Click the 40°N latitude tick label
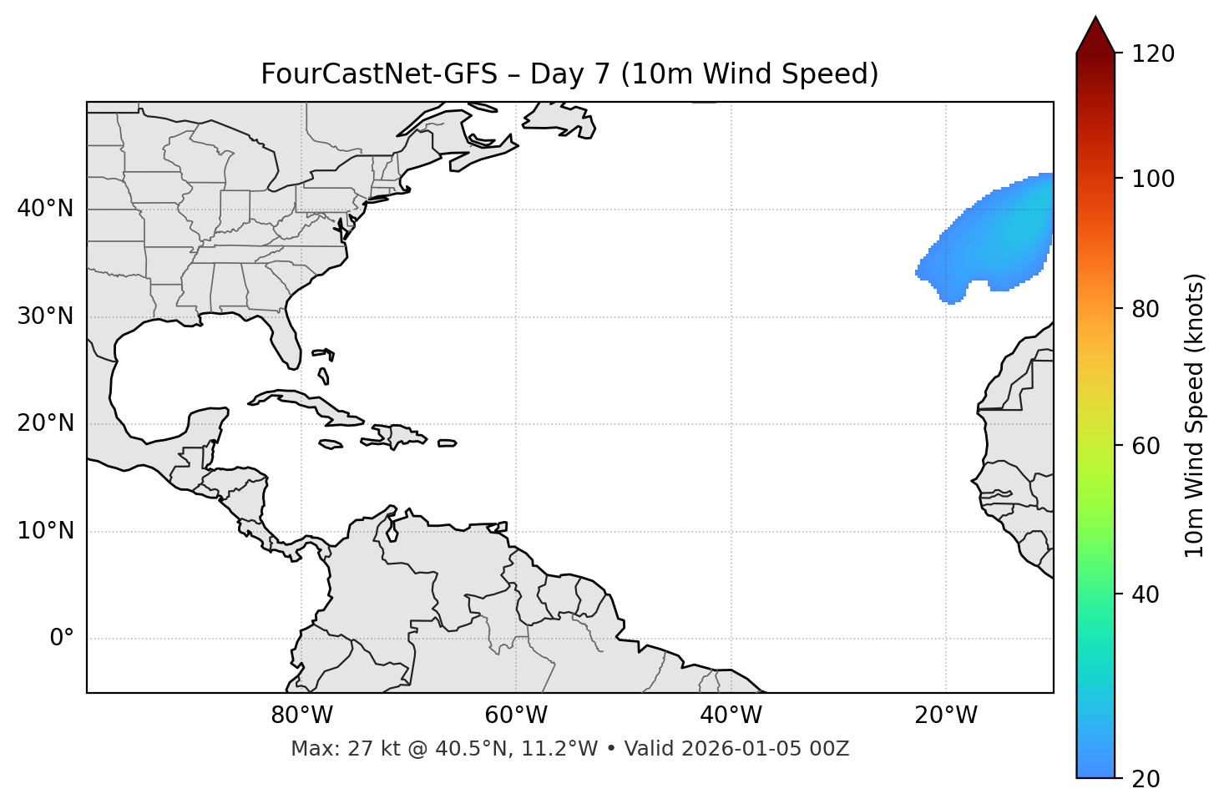pos(45,209)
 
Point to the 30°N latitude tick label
pos(45,316)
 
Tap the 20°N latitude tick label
pos(45,423)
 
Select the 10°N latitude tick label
pos(45,531)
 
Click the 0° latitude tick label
pos(62,639)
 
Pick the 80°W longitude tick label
pos(301,715)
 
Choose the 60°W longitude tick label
pos(516,715)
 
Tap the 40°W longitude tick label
pos(731,715)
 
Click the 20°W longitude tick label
pos(945,715)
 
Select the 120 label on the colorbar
pos(1153,54)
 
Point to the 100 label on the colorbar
pos(1153,179)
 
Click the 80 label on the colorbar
pos(1147,309)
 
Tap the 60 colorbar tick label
pos(1147,446)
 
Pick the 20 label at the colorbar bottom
pos(1147,779)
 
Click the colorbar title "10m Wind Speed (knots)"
pos(1195,416)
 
